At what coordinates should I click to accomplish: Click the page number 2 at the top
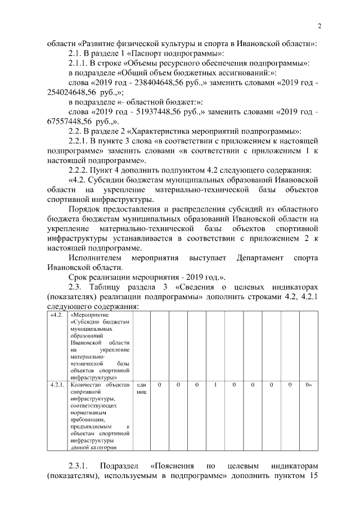[319, 26]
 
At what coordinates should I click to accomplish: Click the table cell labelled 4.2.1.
[57, 385]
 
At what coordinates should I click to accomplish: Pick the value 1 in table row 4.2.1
[215, 385]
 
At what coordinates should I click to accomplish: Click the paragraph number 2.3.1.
[79, 467]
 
